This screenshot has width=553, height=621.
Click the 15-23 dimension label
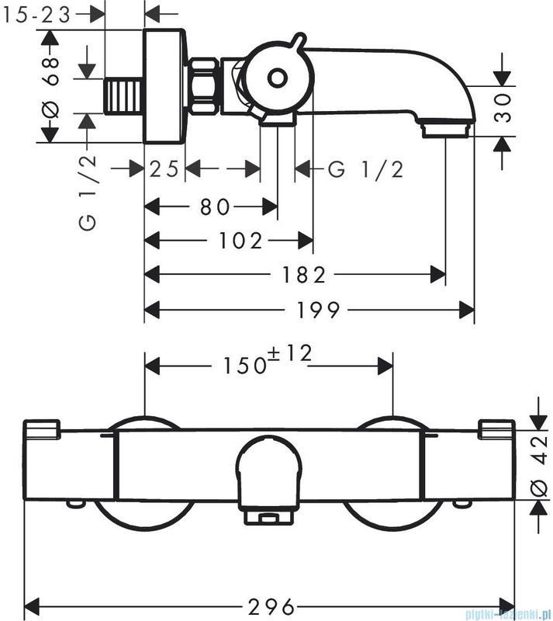(x=36, y=16)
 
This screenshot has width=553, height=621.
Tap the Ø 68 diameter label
(x=51, y=87)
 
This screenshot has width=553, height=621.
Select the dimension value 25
(x=164, y=169)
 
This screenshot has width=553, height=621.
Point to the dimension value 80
(x=214, y=206)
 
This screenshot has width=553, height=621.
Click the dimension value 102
(x=240, y=241)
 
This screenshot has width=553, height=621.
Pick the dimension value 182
(x=304, y=275)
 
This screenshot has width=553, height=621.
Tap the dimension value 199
(x=318, y=309)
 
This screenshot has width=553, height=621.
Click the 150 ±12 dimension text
(x=268, y=359)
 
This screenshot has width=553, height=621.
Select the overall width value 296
(x=271, y=606)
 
